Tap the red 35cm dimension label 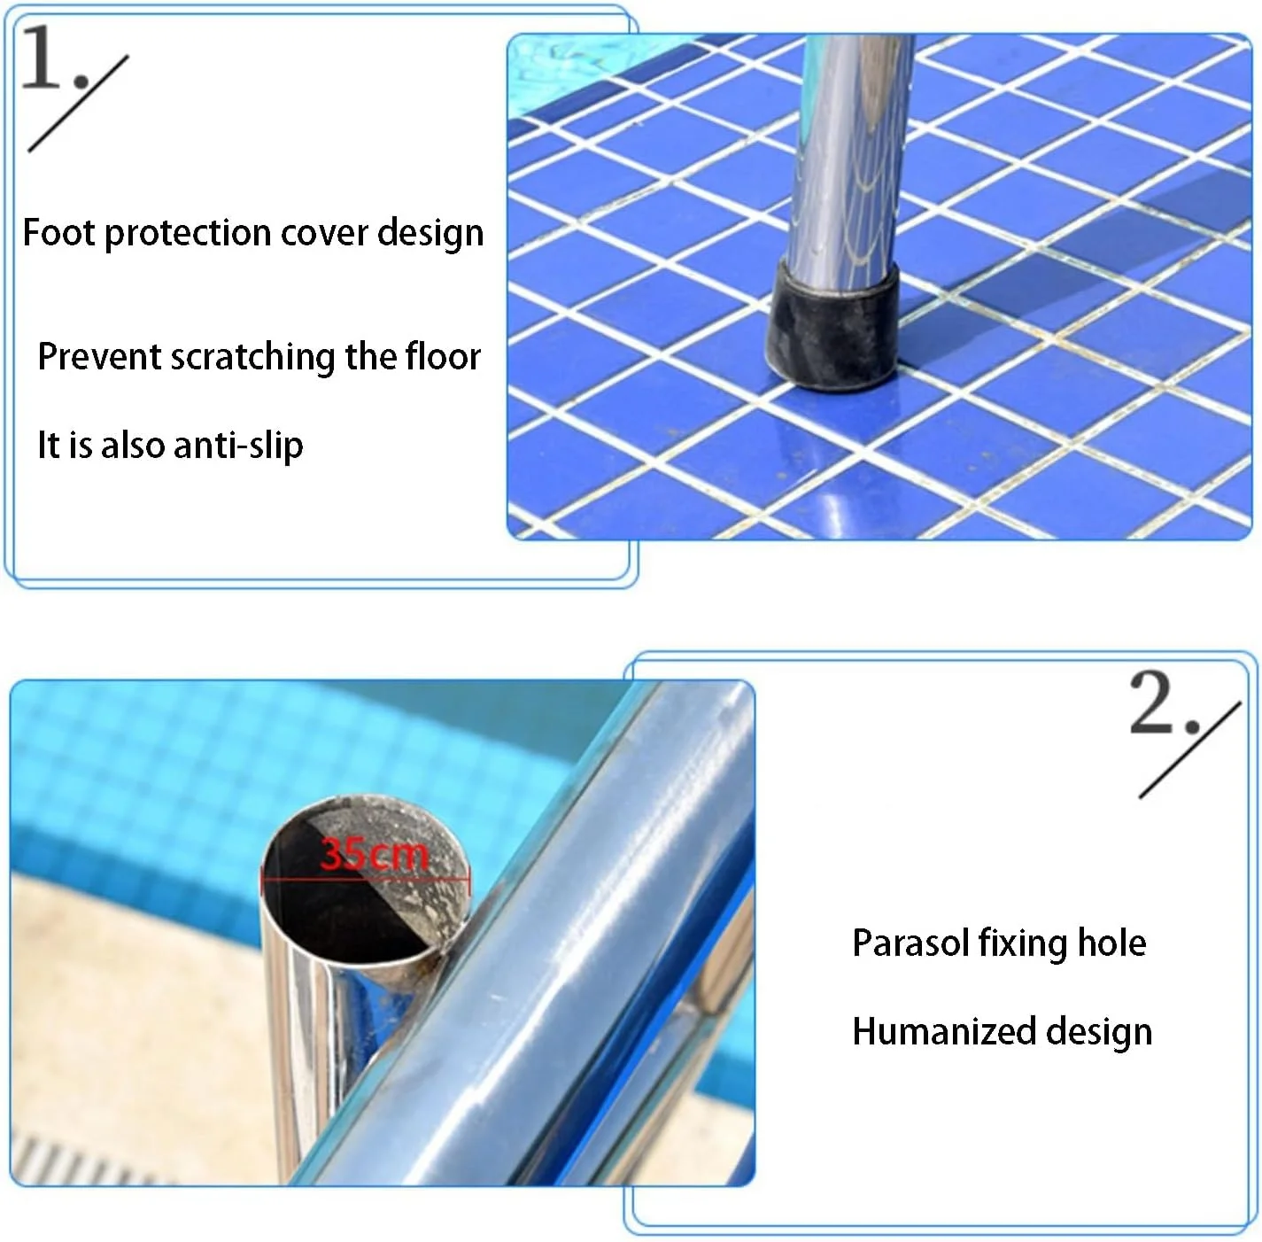375,854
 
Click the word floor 443,356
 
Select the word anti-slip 238,446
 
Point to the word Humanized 944,1032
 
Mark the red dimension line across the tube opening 366,878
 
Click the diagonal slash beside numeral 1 78,104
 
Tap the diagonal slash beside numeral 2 1190,750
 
